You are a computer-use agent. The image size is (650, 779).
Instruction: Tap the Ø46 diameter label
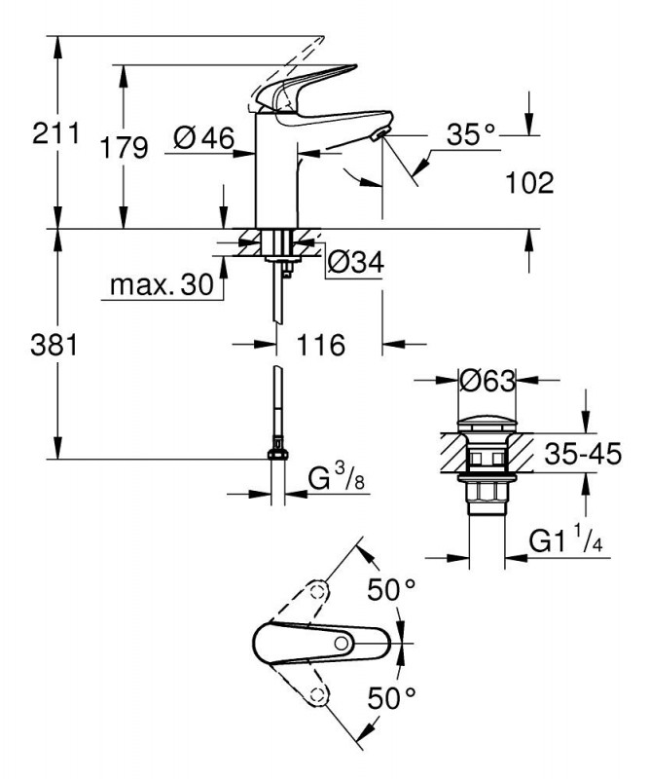tap(204, 138)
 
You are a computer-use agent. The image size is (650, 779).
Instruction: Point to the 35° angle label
tap(470, 135)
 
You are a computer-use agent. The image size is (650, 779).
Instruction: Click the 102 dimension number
tap(530, 183)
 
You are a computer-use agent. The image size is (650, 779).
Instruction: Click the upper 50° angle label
tap(392, 589)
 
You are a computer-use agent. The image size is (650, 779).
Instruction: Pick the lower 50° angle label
tap(392, 696)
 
